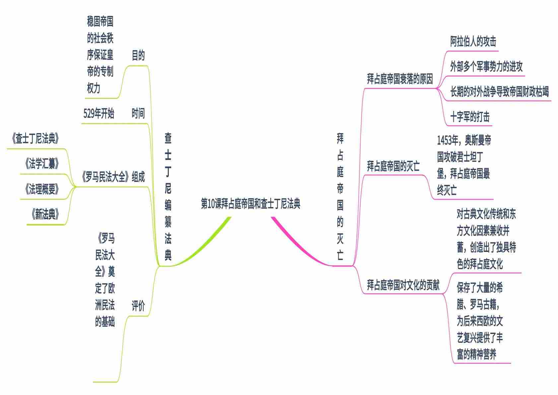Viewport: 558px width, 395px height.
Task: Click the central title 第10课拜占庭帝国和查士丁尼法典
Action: (x=250, y=204)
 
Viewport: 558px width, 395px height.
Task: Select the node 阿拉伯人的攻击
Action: (x=473, y=42)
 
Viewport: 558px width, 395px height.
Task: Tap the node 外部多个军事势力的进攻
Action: (x=486, y=67)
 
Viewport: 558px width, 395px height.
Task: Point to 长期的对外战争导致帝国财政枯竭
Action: (x=499, y=92)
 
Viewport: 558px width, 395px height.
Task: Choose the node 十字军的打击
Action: (x=470, y=117)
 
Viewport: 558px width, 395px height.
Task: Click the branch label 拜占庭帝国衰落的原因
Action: (x=400, y=79)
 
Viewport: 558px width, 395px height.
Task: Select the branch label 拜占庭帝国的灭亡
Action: (x=393, y=166)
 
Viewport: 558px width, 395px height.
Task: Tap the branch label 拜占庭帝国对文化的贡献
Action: (x=403, y=285)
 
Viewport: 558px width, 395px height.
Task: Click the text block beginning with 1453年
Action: (x=464, y=165)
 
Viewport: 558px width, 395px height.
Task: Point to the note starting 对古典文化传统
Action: (x=486, y=239)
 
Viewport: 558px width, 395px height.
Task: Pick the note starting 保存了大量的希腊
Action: (x=480, y=321)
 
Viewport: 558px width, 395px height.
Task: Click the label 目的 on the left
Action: (x=138, y=55)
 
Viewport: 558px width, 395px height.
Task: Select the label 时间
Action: (x=138, y=114)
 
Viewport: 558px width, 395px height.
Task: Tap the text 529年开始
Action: (x=99, y=114)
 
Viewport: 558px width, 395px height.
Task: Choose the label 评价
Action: (x=138, y=306)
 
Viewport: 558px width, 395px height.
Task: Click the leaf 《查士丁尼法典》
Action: (x=35, y=139)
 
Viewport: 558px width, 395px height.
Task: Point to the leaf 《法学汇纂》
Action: (x=42, y=164)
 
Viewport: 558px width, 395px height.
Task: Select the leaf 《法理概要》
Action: (x=42, y=189)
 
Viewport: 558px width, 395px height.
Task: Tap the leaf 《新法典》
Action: (x=45, y=215)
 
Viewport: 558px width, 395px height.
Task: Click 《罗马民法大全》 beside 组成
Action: (x=105, y=177)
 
